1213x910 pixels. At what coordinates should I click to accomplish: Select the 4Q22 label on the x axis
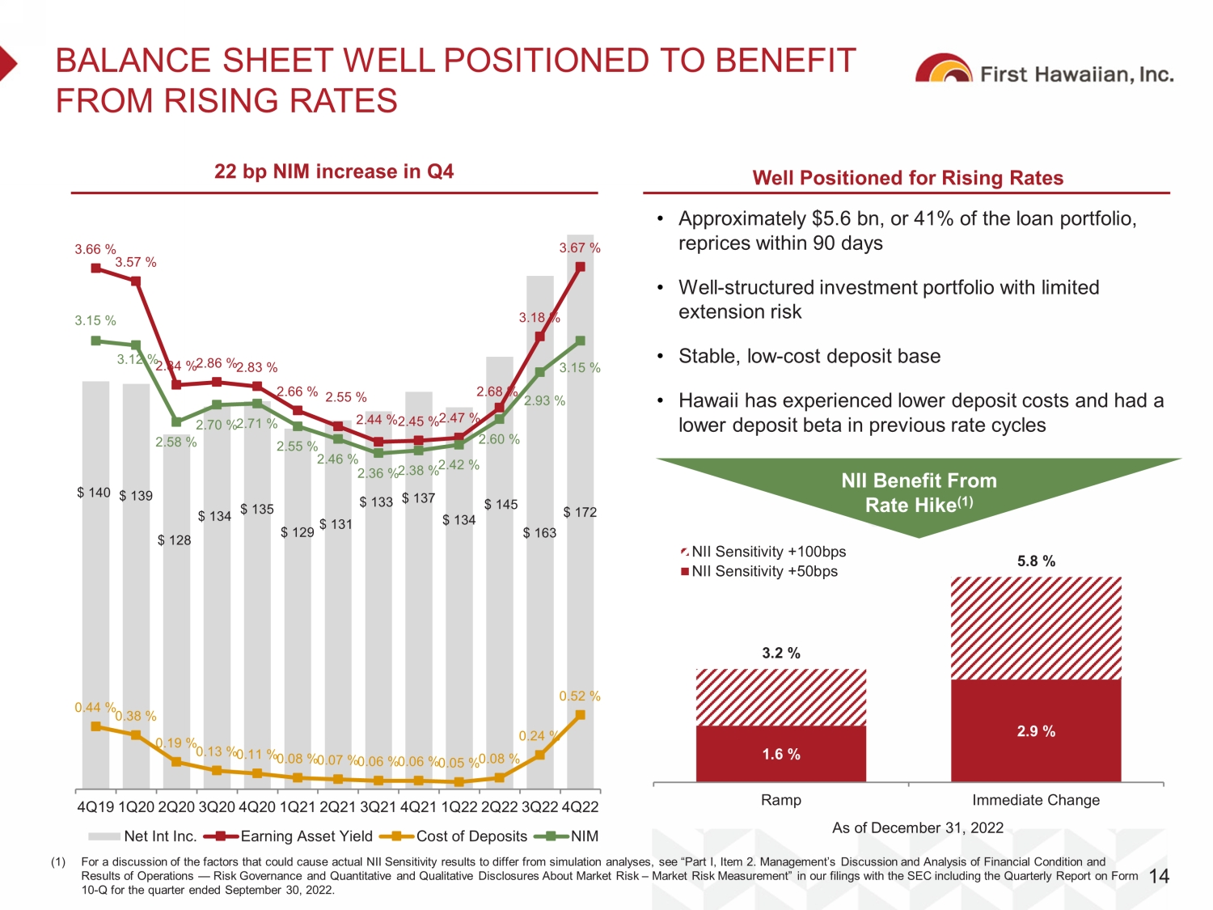coord(580,807)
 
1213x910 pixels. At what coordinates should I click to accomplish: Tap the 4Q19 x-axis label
coord(95,807)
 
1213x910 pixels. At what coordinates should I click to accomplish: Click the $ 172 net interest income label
coord(580,512)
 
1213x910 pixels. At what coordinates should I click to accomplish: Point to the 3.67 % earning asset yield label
coord(580,248)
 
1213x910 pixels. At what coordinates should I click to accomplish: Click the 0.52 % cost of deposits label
coord(580,696)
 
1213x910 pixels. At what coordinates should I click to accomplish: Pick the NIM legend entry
coord(573,836)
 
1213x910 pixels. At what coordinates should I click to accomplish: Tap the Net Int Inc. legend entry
coord(142,836)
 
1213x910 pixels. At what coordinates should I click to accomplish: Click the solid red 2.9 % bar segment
coord(1036,730)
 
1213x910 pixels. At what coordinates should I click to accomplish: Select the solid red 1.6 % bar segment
coord(781,754)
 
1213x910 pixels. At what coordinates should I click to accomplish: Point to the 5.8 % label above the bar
coord(1036,561)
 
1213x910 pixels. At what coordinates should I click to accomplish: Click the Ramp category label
coord(781,800)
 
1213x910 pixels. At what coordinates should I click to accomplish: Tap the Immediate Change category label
coord(1036,800)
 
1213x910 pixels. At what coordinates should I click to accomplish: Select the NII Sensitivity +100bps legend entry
coord(764,552)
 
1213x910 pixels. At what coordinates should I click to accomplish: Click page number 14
coord(1159,876)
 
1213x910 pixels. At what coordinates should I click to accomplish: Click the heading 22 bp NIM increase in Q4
coord(334,171)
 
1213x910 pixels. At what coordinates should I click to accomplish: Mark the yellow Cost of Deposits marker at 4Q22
coord(581,715)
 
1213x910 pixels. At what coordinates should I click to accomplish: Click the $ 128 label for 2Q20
coord(175,540)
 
